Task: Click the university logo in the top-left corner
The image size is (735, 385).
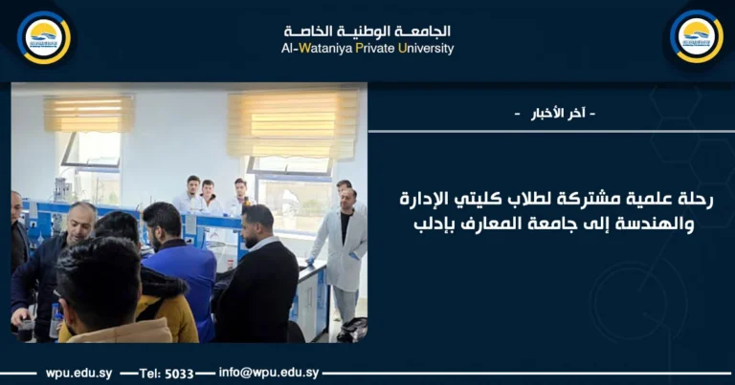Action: pos(44,36)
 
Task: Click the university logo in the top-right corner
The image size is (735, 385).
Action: pos(696,36)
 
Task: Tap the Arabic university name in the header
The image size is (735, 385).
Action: pos(368,31)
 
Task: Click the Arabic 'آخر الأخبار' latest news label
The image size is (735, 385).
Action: pos(554,114)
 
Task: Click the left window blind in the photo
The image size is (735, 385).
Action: pos(88,114)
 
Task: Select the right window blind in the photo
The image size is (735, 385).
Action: pos(292,122)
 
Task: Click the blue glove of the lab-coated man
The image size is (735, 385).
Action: pos(311,262)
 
